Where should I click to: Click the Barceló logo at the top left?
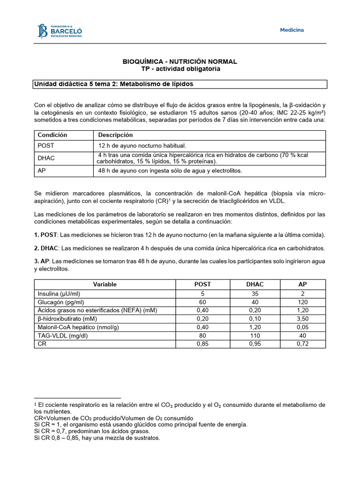pyautogui.click(x=60, y=31)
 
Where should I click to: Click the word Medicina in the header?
pyautogui.click(x=292, y=30)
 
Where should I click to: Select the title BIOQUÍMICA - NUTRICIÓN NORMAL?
pyautogui.click(x=180, y=61)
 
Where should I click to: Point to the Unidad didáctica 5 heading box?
pyautogui.click(x=180, y=84)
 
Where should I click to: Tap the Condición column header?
pyautogui.click(x=52, y=135)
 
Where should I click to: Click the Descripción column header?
pyautogui.click(x=116, y=135)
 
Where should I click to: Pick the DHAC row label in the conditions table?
pyautogui.click(x=46, y=158)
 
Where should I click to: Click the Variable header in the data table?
pyautogui.click(x=105, y=285)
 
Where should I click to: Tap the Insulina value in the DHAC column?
pyautogui.click(x=255, y=293)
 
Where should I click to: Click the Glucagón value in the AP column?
pyautogui.click(x=302, y=302)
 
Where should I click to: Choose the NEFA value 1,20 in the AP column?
pyautogui.click(x=302, y=310)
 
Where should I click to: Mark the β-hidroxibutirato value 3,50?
pyautogui.click(x=302, y=319)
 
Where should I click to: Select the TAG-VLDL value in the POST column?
pyautogui.click(x=202, y=336)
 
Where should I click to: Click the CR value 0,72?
pyautogui.click(x=302, y=344)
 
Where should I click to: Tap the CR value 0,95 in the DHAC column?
pyautogui.click(x=255, y=344)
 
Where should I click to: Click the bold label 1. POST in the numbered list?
pyautogui.click(x=46, y=234)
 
